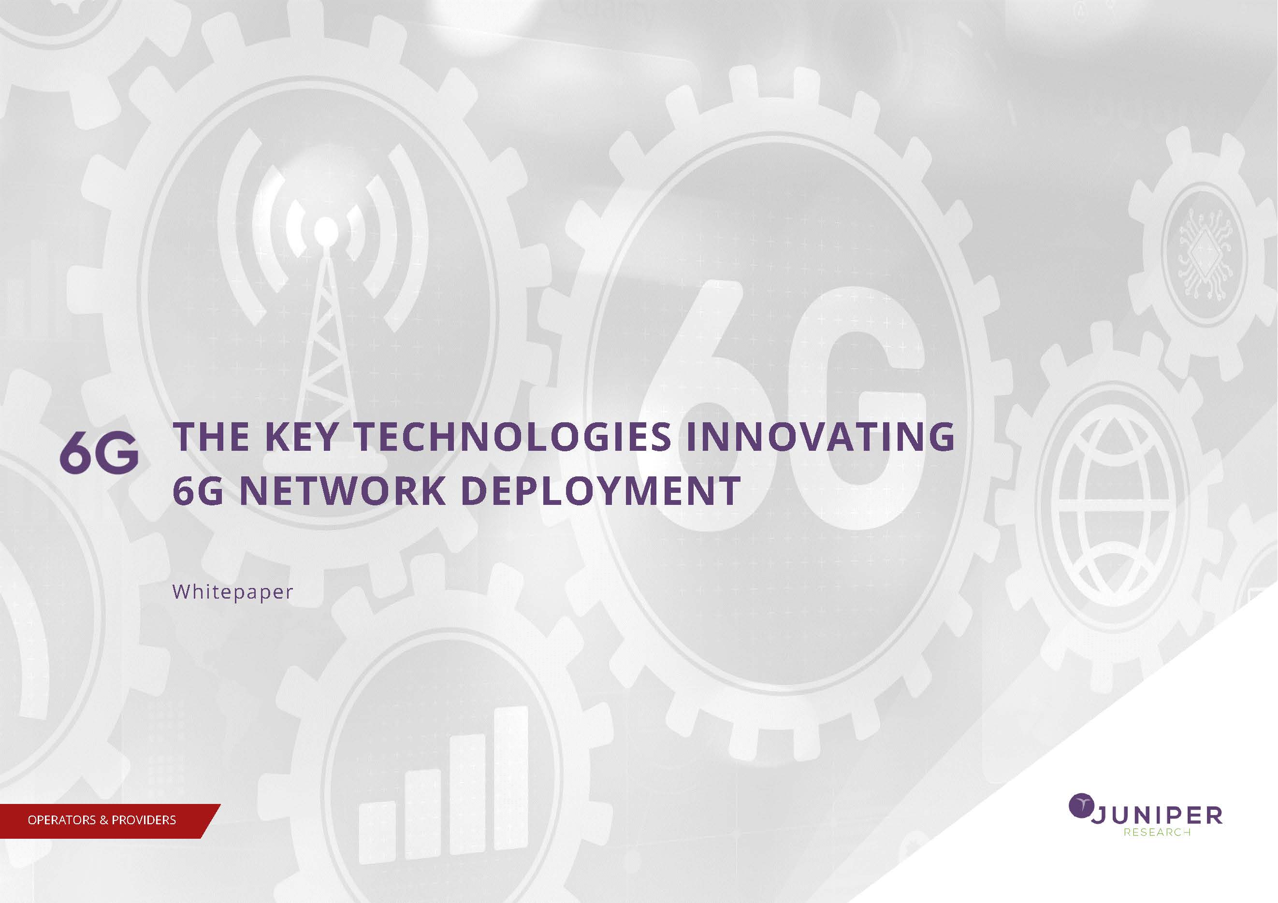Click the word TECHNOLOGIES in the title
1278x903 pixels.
[x=513, y=437]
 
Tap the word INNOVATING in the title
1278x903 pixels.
[x=820, y=437]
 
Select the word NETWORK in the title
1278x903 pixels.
[x=342, y=491]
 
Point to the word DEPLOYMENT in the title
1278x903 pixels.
[x=601, y=491]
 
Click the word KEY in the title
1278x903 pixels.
[x=301, y=437]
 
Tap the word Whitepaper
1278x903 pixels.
[x=232, y=592]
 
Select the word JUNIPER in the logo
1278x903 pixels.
[x=1157, y=816]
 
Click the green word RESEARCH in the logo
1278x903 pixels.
[x=1157, y=832]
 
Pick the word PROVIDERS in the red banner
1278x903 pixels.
[x=144, y=820]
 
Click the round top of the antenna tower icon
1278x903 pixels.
[x=326, y=231]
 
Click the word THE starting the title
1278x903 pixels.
[x=212, y=437]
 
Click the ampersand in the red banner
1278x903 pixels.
[x=103, y=820]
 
